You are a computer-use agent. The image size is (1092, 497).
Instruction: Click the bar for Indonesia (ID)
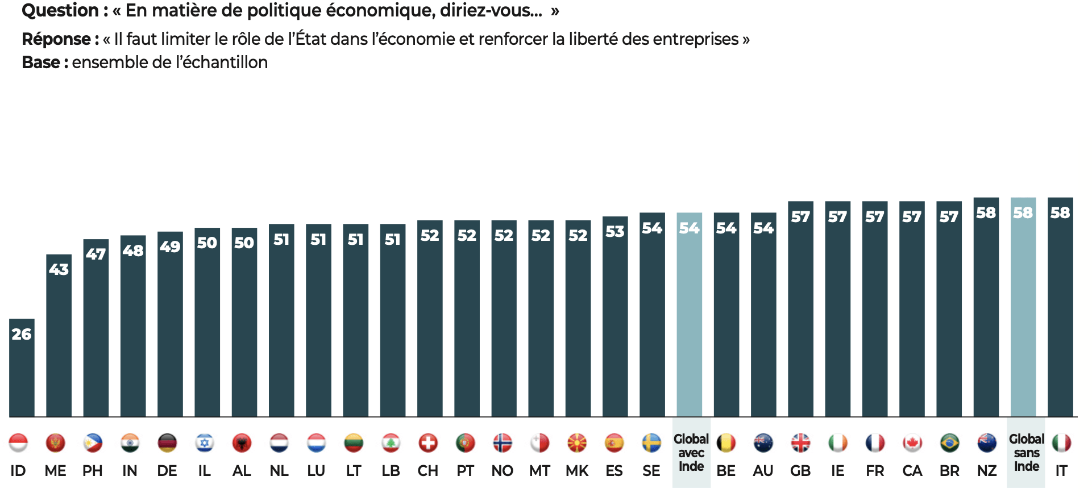click(x=22, y=375)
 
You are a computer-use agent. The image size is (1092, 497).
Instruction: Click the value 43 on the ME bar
click(x=59, y=269)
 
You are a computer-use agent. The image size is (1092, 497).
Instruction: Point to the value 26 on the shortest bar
click(x=22, y=334)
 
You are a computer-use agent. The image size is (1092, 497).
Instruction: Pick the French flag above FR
click(x=875, y=443)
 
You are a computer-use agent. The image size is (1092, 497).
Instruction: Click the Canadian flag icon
click(x=912, y=443)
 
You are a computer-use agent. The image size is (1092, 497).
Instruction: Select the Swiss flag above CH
click(x=428, y=443)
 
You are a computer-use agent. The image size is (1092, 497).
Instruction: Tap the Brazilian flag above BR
click(x=949, y=443)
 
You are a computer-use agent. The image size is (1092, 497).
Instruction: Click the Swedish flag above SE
click(x=651, y=443)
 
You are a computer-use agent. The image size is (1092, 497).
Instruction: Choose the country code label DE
click(x=167, y=471)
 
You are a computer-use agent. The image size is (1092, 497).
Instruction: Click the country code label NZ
click(x=987, y=471)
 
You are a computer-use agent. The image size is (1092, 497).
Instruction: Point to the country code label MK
click(x=577, y=471)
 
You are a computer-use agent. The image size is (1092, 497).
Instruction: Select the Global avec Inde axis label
click(x=691, y=453)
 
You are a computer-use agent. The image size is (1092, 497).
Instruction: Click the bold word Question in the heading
click(x=60, y=10)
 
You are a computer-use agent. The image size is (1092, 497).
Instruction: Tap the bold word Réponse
click(x=56, y=39)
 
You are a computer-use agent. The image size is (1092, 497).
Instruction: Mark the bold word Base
click(x=41, y=62)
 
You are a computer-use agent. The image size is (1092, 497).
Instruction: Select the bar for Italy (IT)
click(x=1060, y=318)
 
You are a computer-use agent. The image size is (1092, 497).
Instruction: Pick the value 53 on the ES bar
click(x=614, y=232)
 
